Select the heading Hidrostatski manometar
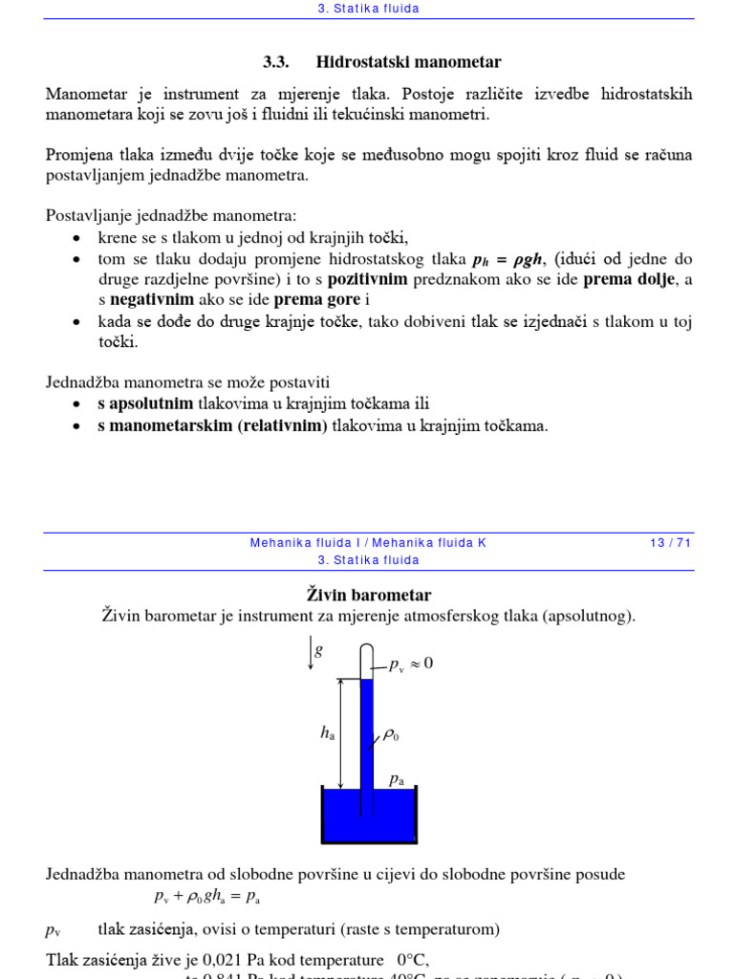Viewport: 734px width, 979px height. pyautogui.click(x=408, y=62)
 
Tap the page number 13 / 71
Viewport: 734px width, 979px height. pyautogui.click(x=669, y=542)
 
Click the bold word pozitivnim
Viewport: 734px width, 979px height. pyautogui.click(x=368, y=279)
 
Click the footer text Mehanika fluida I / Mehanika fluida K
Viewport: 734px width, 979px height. pyautogui.click(x=368, y=542)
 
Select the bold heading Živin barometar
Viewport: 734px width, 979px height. pyautogui.click(x=368, y=596)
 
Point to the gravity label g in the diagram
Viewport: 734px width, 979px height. pyautogui.click(x=319, y=651)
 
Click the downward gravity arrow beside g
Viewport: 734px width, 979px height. pyautogui.click(x=310, y=655)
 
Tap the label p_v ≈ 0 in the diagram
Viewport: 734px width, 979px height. pyautogui.click(x=411, y=664)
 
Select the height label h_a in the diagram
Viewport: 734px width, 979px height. pyautogui.click(x=327, y=733)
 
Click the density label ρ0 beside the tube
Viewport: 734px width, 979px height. pyautogui.click(x=390, y=735)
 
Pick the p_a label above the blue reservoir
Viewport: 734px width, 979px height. pyautogui.click(x=396, y=780)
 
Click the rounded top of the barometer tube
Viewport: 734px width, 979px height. pyautogui.click(x=366, y=651)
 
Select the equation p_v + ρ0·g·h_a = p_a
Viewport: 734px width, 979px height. pyautogui.click(x=206, y=897)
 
